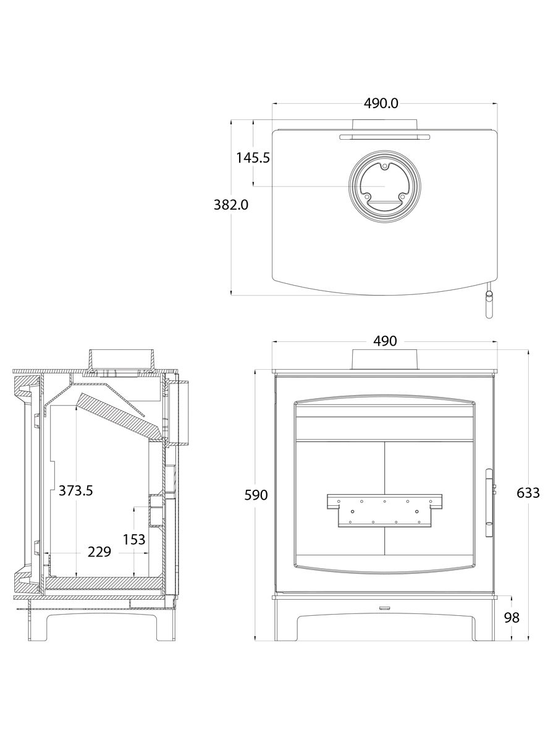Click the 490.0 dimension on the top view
click(381, 103)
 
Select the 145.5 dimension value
click(253, 158)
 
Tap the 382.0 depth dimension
click(231, 205)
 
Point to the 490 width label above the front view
click(385, 341)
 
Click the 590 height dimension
click(256, 495)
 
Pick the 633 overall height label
click(528, 493)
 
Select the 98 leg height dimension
click(512, 618)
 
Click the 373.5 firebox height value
click(75, 490)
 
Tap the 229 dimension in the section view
click(99, 552)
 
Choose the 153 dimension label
click(133, 540)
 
